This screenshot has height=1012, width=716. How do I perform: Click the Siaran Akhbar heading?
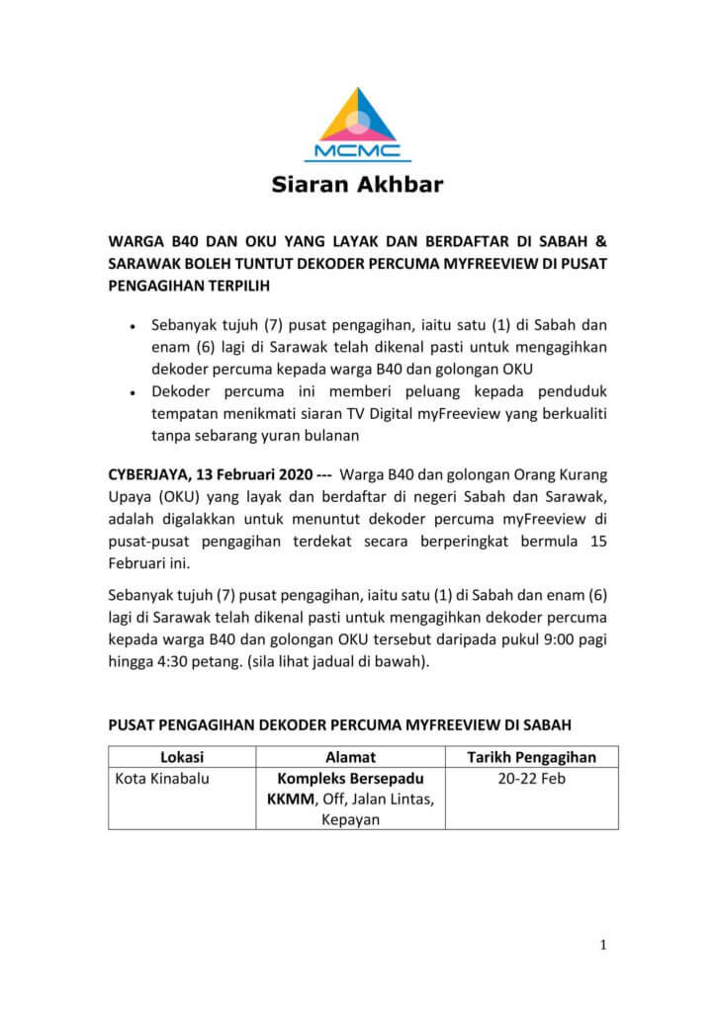point(358,184)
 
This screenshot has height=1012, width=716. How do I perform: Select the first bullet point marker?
point(133,325)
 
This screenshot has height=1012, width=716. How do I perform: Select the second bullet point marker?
point(133,393)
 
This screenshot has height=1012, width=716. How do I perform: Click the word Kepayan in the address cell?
point(350,820)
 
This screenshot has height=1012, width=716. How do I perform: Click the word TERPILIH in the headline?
point(233,286)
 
